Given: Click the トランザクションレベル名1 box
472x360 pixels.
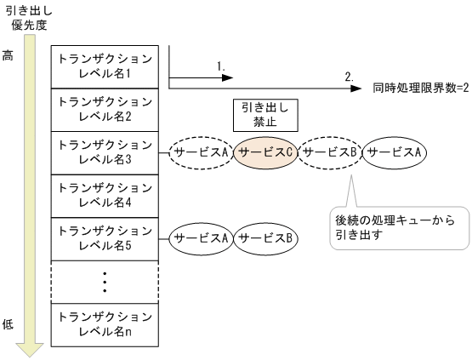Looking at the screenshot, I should point(106,66).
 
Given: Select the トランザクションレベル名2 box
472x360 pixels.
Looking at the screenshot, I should point(106,109).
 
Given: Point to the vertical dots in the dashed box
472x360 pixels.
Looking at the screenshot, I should point(106,282).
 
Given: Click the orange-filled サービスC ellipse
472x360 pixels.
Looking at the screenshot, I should point(266,152).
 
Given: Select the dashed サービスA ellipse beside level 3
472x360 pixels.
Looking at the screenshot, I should point(202,152).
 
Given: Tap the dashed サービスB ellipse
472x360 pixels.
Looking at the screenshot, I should point(330,152).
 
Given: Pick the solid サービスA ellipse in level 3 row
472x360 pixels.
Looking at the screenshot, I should point(394,152).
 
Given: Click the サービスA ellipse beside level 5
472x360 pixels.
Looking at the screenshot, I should point(202,238).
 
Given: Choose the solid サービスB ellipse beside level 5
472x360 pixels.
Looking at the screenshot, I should point(265,238).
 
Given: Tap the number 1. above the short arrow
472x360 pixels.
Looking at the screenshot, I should point(221,66).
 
